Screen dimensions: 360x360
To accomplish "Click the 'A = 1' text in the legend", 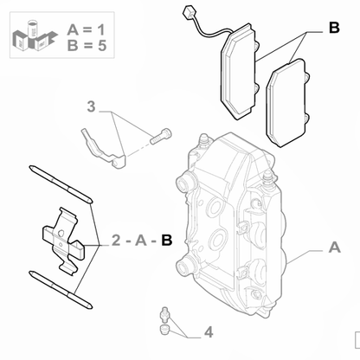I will pyautogui.click(x=87, y=31).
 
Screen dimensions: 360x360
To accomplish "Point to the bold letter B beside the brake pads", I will pyautogui.click(x=333, y=29).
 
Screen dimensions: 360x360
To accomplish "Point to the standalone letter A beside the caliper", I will pyautogui.click(x=333, y=247).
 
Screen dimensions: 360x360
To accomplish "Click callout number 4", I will pyautogui.click(x=208, y=331).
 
